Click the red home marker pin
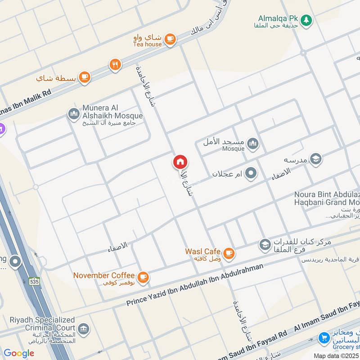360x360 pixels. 180,162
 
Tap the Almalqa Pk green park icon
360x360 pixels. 306,20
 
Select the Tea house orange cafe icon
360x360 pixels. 170,39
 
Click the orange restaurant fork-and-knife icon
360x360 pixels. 115,65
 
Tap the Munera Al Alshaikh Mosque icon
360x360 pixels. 74,114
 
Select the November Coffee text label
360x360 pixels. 104,275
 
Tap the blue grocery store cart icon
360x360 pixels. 324,337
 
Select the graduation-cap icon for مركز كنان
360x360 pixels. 265,245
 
